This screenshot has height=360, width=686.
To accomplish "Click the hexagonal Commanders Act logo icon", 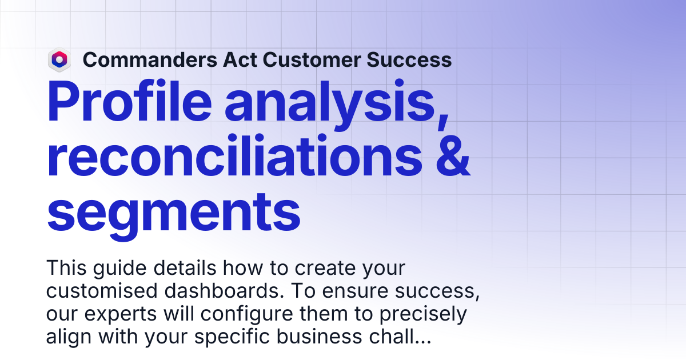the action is click(x=59, y=59).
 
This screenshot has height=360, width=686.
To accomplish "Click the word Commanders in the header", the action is click(x=150, y=59).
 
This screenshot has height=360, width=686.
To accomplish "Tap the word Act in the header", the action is click(x=240, y=59).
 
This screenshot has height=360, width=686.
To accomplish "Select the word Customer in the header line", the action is click(x=312, y=59).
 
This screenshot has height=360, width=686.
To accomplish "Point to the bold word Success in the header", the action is click(x=409, y=59).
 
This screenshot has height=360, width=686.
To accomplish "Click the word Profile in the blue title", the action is click(x=129, y=101).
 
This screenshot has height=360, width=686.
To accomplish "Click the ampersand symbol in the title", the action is click(x=453, y=156).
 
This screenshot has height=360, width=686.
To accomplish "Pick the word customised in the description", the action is click(x=102, y=290).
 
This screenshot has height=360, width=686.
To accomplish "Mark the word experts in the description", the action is click(x=121, y=314).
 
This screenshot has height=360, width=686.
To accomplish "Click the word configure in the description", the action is click(x=246, y=314).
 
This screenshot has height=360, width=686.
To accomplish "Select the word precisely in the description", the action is click(x=423, y=314).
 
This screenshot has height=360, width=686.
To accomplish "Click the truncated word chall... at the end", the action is click(x=400, y=337).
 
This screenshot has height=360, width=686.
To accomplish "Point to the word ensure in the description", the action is click(x=355, y=291).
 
